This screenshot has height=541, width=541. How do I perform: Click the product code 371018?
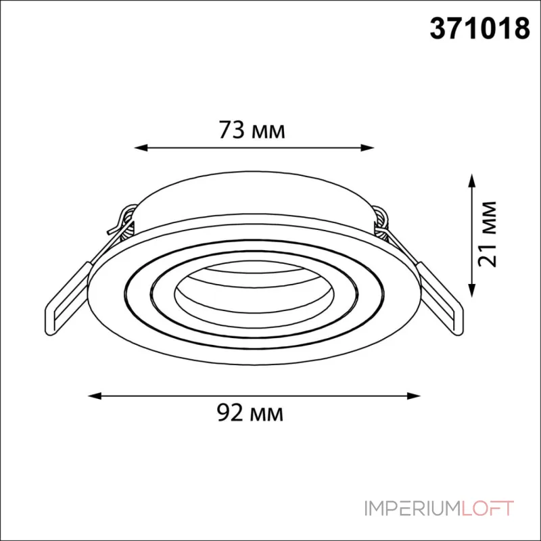479,28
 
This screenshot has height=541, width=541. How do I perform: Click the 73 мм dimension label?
252,130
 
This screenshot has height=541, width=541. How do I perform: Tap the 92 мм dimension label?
250,413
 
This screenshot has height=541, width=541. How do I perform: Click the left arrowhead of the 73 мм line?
141,148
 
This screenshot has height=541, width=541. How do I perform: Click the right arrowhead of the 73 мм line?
367,148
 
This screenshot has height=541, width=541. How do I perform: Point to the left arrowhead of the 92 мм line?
95,396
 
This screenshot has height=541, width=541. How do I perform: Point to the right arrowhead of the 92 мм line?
414,396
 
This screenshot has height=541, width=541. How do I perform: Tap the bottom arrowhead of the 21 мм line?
472,290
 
